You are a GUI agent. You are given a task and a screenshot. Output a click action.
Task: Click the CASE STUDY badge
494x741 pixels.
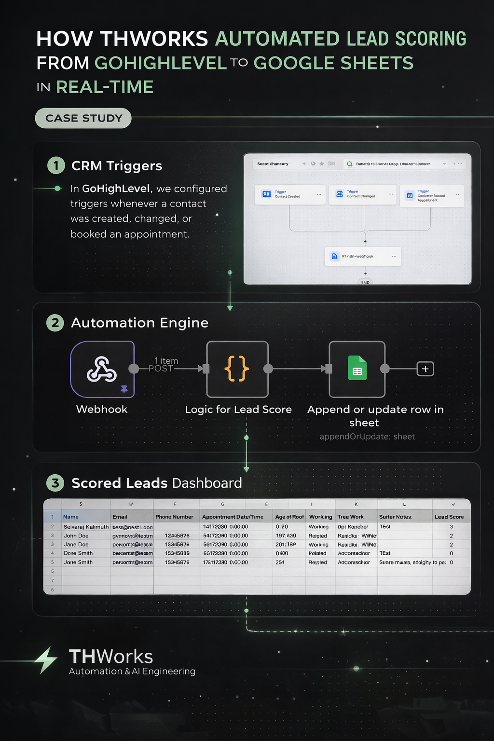pyautogui.click(x=83, y=118)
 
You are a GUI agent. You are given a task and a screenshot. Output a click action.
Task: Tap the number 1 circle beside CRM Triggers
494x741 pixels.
pyautogui.click(x=56, y=165)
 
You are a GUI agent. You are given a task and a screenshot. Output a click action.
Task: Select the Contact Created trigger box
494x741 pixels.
pyautogui.click(x=289, y=194)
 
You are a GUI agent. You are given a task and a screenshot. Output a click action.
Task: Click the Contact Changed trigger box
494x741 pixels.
pyautogui.click(x=362, y=194)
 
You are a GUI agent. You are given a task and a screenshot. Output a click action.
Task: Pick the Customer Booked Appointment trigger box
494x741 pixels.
pyautogui.click(x=432, y=195)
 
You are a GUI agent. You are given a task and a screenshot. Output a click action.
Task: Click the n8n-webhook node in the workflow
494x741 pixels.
pyautogui.click(x=363, y=256)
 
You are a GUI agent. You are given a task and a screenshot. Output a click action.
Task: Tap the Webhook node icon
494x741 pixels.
pyautogui.click(x=102, y=370)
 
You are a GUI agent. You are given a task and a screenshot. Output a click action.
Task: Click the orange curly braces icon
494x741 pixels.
pyautogui.click(x=237, y=369)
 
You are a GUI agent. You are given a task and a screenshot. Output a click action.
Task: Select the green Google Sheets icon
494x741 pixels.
pyautogui.click(x=357, y=369)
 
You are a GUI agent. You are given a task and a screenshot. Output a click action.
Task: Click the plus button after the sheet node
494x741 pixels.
pyautogui.click(x=425, y=369)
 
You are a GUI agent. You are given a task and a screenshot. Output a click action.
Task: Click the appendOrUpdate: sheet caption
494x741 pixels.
pyautogui.click(x=367, y=437)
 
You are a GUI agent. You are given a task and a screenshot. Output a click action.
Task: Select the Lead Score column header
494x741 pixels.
pyautogui.click(x=449, y=517)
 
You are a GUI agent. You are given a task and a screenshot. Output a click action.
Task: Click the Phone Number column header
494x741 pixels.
pyautogui.click(x=174, y=517)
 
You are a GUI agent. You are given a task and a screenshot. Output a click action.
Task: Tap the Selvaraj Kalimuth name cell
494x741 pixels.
pyautogui.click(x=86, y=527)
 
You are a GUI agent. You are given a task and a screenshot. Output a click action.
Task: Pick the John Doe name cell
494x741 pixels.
pyautogui.click(x=76, y=535)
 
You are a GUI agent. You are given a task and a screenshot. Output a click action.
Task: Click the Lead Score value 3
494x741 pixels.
pyautogui.click(x=451, y=527)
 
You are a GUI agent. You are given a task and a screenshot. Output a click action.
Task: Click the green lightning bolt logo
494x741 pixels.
pyautogui.click(x=47, y=659)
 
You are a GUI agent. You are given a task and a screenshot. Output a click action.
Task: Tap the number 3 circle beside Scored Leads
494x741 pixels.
pyautogui.click(x=55, y=483)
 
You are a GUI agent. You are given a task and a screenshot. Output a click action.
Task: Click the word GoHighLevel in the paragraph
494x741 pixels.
pyautogui.click(x=116, y=189)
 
